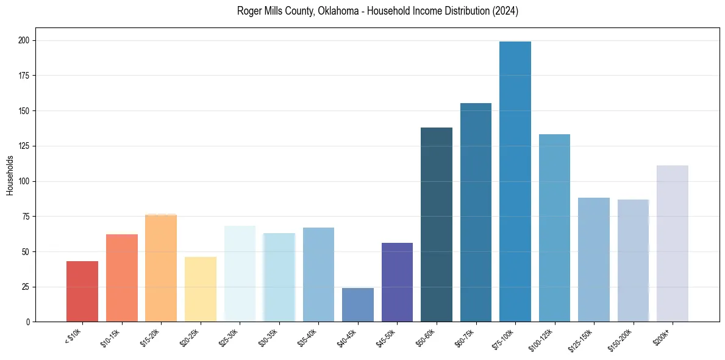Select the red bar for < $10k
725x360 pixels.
click(x=82, y=292)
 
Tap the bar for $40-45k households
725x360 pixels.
click(x=358, y=305)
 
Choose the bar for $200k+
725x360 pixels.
click(x=673, y=243)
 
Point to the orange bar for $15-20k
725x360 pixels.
click(x=161, y=268)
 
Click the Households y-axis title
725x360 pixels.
click(x=10, y=175)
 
